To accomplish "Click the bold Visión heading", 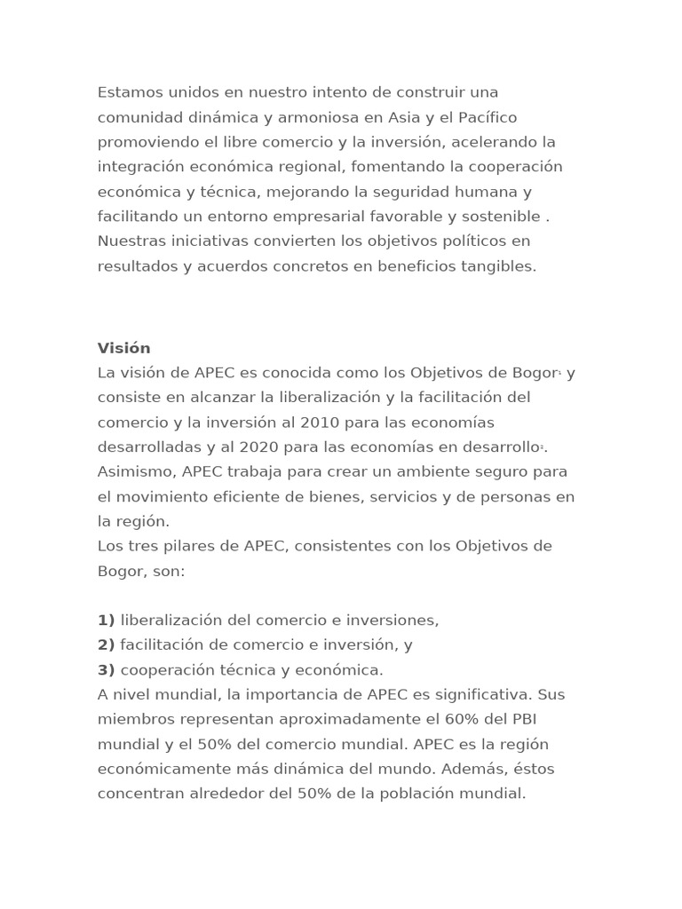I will tap(124, 348).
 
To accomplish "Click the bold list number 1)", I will tap(107, 620).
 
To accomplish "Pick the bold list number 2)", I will tap(107, 645).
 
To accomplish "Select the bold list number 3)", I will tap(107, 670).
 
